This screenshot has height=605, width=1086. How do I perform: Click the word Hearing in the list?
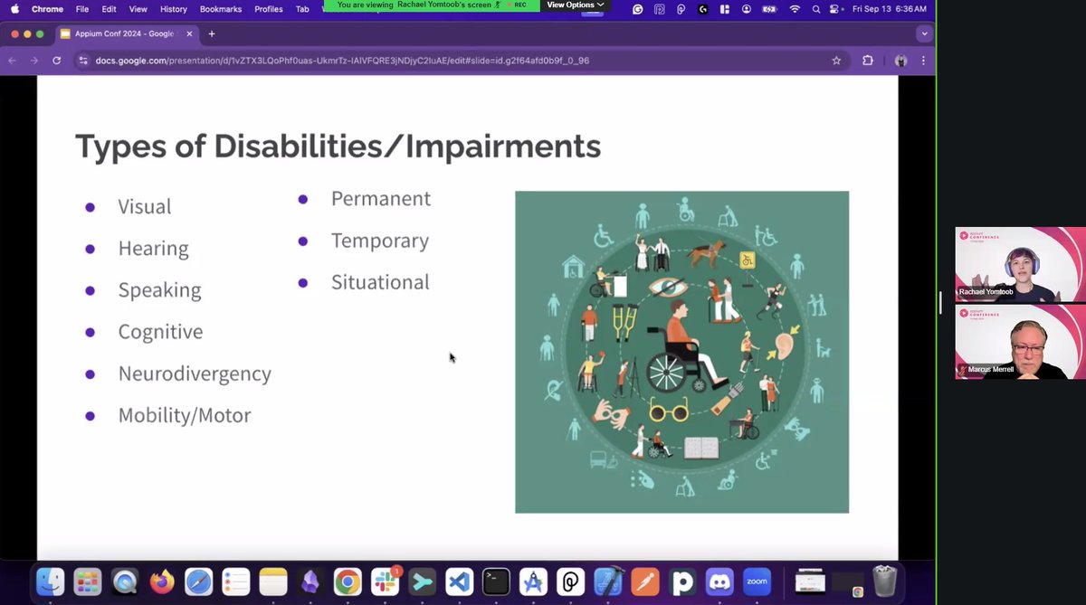pos(153,249)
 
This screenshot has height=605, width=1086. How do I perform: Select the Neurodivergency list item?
pos(195,373)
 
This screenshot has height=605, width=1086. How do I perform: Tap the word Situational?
pos(380,282)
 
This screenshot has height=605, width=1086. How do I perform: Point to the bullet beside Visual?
pos(90,207)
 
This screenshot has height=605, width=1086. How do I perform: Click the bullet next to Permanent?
pos(303,199)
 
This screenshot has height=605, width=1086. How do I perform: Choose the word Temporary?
pos(380,241)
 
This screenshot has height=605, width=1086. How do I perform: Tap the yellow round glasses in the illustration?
pos(670,413)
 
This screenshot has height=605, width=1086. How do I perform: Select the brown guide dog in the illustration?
pos(710,254)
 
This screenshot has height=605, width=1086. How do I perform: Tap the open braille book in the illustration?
pos(700,447)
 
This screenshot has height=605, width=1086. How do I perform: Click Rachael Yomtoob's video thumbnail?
pos(1020,264)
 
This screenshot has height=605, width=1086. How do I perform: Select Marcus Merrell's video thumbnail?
pos(1020,341)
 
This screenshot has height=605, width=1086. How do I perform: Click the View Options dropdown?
pos(575,5)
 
